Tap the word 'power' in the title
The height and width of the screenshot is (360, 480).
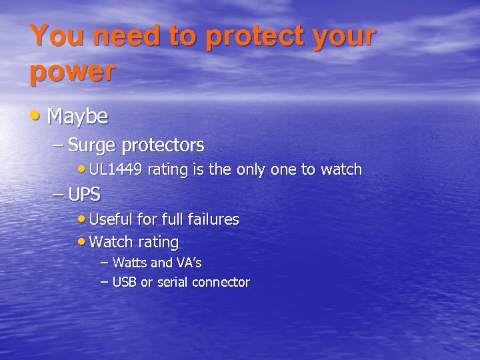point(72,71)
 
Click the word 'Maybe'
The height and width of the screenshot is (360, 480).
point(77,117)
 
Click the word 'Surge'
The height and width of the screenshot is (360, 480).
point(93,145)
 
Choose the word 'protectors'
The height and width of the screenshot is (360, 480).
point(163,145)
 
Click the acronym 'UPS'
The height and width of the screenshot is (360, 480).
point(84,195)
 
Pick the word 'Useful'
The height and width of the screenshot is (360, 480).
point(110,219)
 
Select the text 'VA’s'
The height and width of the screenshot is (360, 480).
point(189,263)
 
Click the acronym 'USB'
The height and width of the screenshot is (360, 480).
point(124,282)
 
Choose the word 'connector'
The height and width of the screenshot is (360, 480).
point(221,282)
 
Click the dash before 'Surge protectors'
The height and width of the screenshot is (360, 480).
point(57,145)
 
